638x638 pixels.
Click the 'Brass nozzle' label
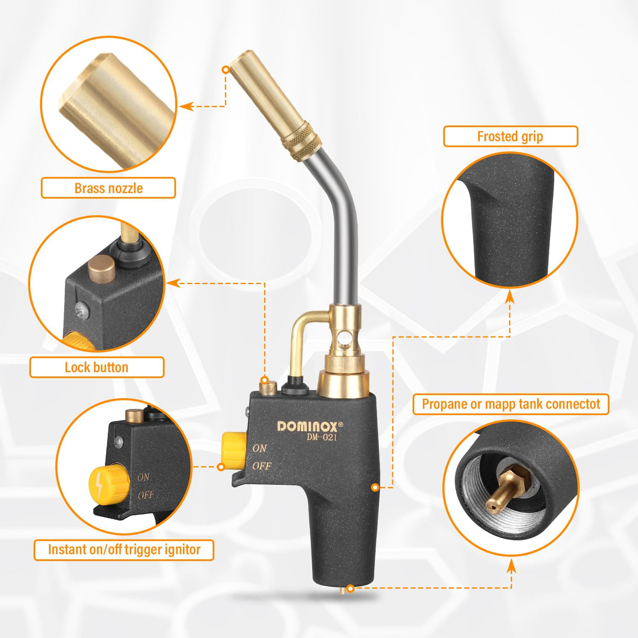[108, 188]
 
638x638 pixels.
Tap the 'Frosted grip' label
[510, 137]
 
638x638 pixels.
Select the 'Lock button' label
[96, 367]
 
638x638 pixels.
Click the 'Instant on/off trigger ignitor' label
[124, 550]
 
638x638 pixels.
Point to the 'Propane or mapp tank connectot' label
[510, 404]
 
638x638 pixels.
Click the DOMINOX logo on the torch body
[310, 426]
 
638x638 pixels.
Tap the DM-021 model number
[322, 437]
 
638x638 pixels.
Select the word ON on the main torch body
[260, 448]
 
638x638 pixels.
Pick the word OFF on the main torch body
[261, 466]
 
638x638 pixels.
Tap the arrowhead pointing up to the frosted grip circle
[509, 296]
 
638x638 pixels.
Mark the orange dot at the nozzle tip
[225, 69]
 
